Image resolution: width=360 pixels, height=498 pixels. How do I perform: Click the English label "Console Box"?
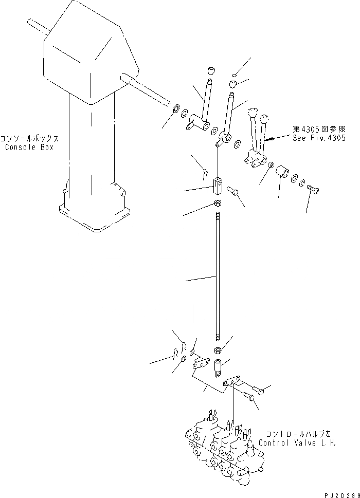click(29, 147)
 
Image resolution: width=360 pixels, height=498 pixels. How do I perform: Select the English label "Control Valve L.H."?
click(297, 443)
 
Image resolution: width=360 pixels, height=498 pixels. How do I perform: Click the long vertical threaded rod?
click(218, 278)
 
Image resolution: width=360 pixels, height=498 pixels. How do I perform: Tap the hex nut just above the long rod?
click(218, 204)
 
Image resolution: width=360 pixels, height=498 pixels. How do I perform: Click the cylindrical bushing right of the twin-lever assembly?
click(282, 173)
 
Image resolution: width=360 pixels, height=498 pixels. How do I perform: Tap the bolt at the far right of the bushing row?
click(314, 191)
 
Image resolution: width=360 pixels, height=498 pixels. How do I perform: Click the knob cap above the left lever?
click(210, 70)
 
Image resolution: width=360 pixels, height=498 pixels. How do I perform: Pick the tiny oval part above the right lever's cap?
click(234, 75)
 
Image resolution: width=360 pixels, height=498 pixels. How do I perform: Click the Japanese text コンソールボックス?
click(29, 139)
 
